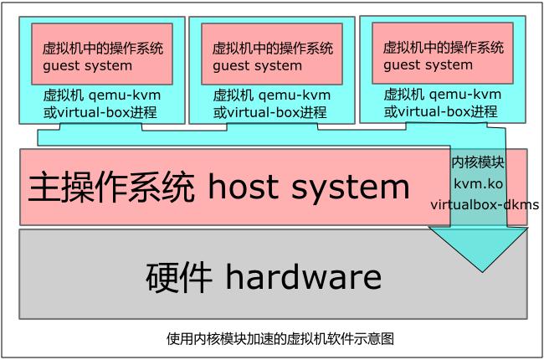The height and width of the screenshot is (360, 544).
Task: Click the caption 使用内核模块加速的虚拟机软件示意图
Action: (280, 338)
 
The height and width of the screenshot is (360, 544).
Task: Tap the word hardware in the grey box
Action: (304, 276)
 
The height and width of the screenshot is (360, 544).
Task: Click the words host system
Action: (309, 187)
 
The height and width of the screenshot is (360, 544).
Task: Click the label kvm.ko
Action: (478, 183)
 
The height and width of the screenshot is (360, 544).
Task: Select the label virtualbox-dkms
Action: (485, 203)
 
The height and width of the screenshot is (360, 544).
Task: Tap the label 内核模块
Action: (478, 162)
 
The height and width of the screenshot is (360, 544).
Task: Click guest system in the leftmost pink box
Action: (87, 65)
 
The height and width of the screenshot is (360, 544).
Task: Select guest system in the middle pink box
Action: (257, 65)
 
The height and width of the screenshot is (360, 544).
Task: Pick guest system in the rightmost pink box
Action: (428, 64)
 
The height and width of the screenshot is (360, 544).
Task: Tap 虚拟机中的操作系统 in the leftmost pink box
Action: (102, 48)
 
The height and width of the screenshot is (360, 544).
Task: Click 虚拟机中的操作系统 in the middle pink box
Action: (272, 48)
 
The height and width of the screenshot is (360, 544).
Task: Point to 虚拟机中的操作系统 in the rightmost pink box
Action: (444, 47)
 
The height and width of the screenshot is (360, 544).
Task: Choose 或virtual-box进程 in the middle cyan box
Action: (269, 112)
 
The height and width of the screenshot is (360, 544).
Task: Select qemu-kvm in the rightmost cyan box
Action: (465, 94)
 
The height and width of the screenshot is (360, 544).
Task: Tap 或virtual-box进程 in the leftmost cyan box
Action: (100, 112)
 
